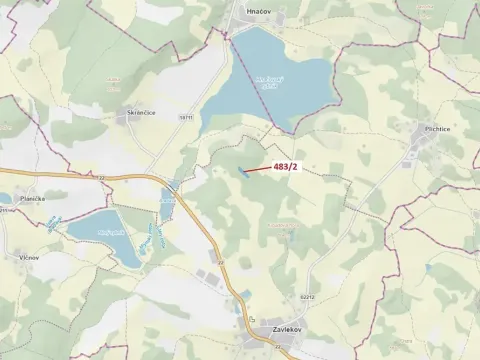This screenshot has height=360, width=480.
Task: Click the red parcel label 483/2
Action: click(x=285, y=166)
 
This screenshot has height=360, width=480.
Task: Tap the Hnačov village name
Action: click(x=258, y=9)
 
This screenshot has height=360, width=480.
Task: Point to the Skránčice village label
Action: click(x=140, y=115)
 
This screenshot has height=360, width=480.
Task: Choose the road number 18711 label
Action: click(x=185, y=118)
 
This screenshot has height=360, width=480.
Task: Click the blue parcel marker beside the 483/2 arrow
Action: click(x=242, y=172)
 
